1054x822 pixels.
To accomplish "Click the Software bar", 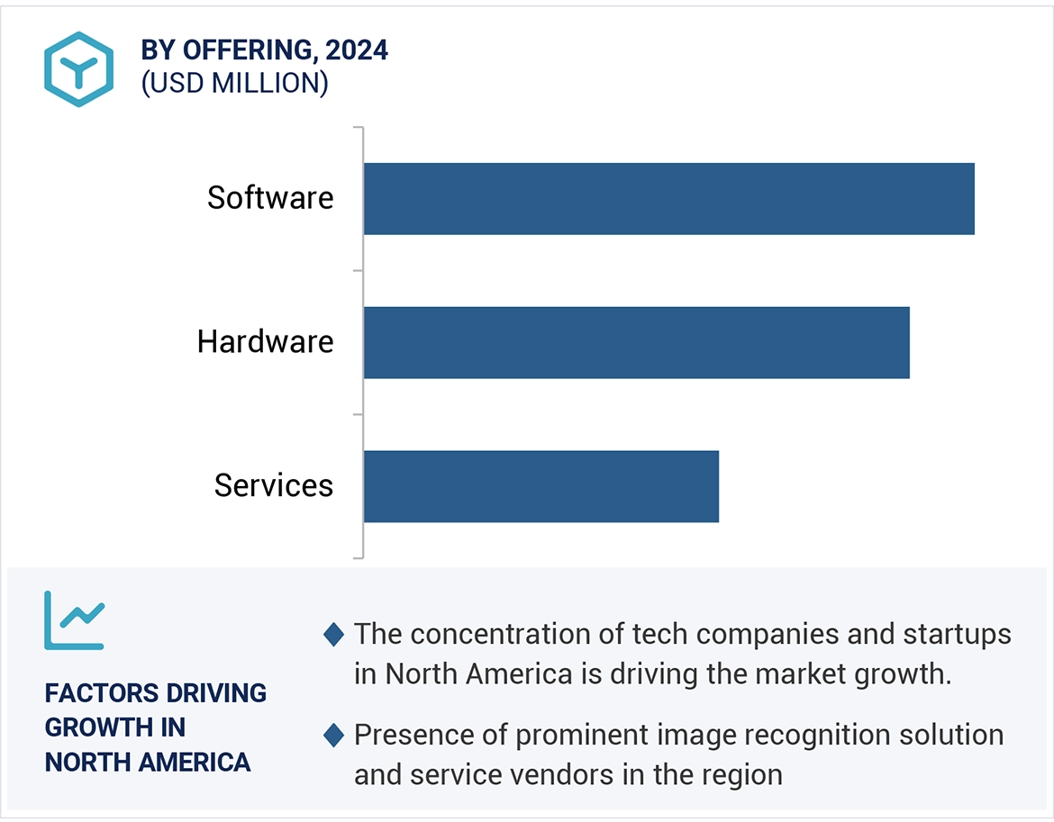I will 668,199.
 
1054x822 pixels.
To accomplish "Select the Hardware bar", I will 636,342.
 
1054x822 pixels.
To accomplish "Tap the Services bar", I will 541,486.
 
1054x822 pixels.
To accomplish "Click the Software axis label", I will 270,198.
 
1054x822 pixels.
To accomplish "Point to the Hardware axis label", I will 266,342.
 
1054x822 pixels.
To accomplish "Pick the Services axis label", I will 274,486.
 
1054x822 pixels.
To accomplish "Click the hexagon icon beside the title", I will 78,69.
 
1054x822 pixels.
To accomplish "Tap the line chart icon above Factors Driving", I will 75,620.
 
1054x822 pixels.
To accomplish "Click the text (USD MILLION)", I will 234,83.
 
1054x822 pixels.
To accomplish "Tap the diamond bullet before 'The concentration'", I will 333,635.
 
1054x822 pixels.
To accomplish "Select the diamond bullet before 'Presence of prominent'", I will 333,736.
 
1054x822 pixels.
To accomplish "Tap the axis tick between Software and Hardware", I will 359,270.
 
